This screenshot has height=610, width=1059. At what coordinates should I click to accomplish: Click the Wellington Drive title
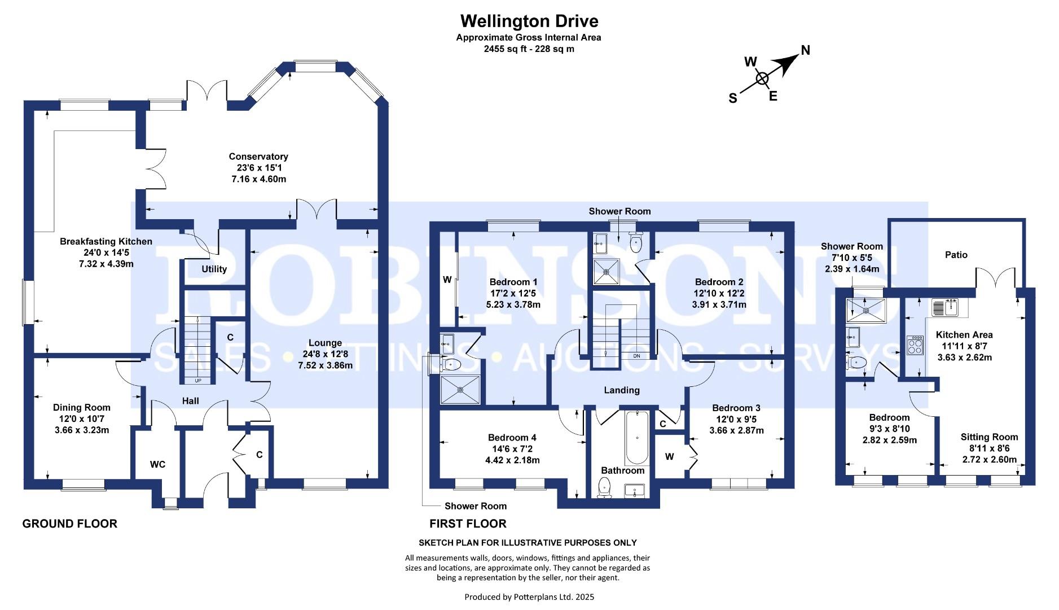click(529, 21)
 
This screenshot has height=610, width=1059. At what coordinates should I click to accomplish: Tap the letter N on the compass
click(805, 50)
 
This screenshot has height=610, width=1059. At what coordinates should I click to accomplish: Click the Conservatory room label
click(258, 156)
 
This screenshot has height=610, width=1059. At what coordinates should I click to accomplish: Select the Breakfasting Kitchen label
click(106, 242)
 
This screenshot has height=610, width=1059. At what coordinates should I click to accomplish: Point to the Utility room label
click(214, 269)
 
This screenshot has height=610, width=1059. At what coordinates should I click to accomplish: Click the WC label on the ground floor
click(157, 464)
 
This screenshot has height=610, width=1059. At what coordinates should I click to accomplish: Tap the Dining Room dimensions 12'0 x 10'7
click(82, 419)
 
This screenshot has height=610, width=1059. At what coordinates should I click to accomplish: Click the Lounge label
click(325, 343)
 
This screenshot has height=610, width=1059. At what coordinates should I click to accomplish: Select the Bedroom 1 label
click(513, 282)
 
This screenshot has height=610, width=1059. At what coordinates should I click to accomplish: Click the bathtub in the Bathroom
click(637, 438)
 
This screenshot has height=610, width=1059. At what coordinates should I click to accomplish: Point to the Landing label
click(622, 390)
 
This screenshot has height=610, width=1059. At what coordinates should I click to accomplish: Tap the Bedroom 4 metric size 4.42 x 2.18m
click(513, 460)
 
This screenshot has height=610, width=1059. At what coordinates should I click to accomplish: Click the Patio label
click(956, 255)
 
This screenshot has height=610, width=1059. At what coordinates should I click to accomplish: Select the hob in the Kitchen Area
click(915, 345)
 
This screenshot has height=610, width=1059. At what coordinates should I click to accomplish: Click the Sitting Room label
click(990, 437)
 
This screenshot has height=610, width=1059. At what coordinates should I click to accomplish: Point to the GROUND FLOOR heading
click(70, 524)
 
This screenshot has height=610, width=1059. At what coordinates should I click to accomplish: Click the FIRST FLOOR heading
click(468, 524)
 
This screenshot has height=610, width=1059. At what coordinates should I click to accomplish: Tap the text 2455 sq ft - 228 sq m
click(529, 49)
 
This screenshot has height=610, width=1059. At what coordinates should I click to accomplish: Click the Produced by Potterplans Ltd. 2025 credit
click(529, 597)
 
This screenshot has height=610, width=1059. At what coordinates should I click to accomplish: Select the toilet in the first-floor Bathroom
click(605, 487)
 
